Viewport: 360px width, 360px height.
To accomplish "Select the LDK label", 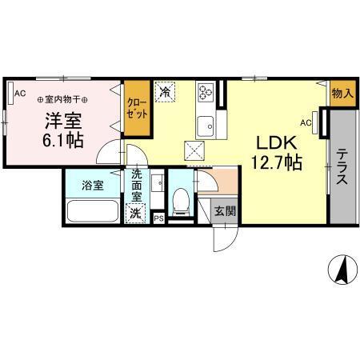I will point(277,142).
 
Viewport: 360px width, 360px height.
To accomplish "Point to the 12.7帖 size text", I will point(277,163).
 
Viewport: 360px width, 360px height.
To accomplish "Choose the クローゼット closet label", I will point(136,107).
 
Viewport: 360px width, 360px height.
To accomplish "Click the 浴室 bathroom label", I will point(93,185).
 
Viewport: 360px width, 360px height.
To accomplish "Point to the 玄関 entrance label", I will point(225,212).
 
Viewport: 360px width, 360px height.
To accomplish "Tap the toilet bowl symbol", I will point(182,201).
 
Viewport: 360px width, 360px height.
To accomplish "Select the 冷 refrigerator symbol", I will point(166,93).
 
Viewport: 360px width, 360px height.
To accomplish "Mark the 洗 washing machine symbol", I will point(136,213).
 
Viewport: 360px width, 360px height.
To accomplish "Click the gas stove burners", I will point(206,94).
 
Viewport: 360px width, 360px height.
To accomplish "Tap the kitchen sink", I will point(206,125).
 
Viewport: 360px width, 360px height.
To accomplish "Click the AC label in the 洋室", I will point(19,94).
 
